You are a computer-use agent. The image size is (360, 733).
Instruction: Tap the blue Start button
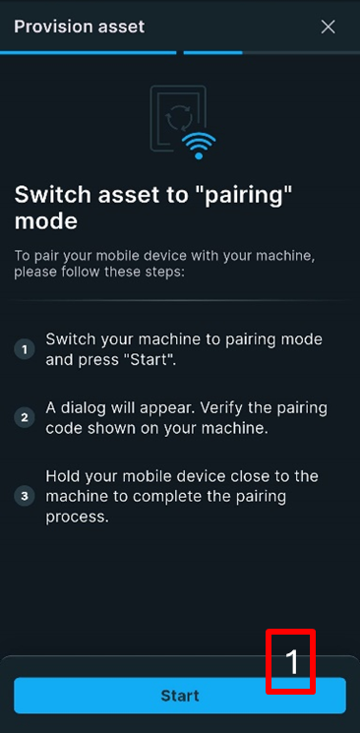pyautogui.click(x=180, y=696)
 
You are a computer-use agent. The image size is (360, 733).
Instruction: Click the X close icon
pyautogui.click(x=329, y=28)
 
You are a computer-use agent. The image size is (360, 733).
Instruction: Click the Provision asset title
pyautogui.click(x=80, y=27)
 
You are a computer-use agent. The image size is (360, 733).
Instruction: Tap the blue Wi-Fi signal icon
pyautogui.click(x=199, y=146)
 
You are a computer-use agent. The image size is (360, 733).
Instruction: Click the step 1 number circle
pyautogui.click(x=25, y=349)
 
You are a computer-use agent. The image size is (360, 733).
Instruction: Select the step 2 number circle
pyautogui.click(x=25, y=417)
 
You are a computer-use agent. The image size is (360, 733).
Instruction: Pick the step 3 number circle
pyautogui.click(x=25, y=496)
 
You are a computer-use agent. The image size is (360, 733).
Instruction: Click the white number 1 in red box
pyautogui.click(x=291, y=661)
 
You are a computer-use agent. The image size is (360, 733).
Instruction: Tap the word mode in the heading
pyautogui.click(x=46, y=221)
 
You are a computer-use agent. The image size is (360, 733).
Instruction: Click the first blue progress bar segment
pyautogui.click(x=88, y=53)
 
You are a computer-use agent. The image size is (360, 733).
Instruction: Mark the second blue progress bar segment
pyautogui.click(x=212, y=53)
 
